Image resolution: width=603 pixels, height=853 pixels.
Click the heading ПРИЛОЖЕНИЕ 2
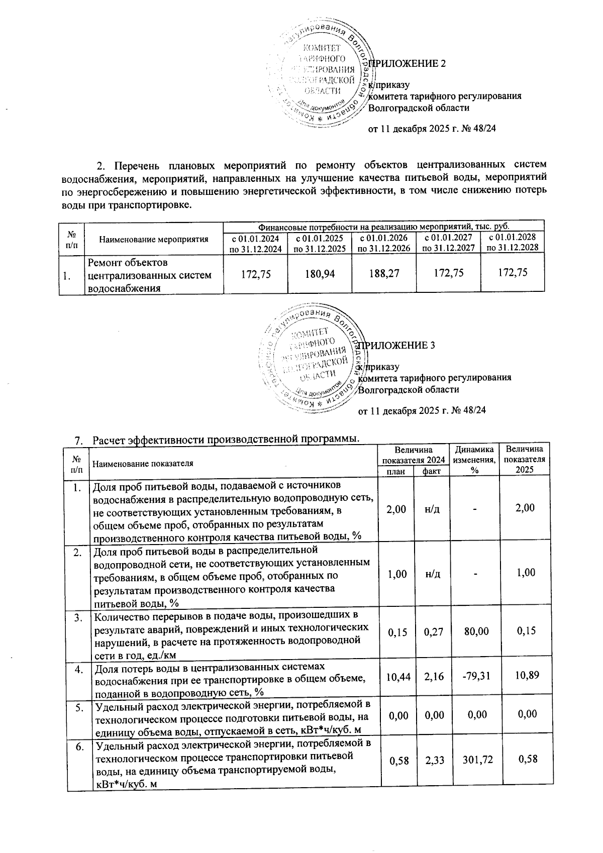click(x=408, y=64)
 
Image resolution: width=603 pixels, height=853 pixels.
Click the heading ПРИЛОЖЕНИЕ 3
click(x=396, y=346)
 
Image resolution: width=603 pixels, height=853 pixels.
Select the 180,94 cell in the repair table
click(x=320, y=273)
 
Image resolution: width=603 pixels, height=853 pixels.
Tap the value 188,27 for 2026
click(x=384, y=273)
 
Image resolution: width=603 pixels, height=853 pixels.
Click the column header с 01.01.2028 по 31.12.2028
click(x=513, y=242)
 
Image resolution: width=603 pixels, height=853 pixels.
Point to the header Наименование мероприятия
click(x=154, y=239)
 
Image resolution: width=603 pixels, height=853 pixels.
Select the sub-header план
click(x=396, y=471)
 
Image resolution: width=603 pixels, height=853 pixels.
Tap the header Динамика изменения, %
click(x=474, y=459)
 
